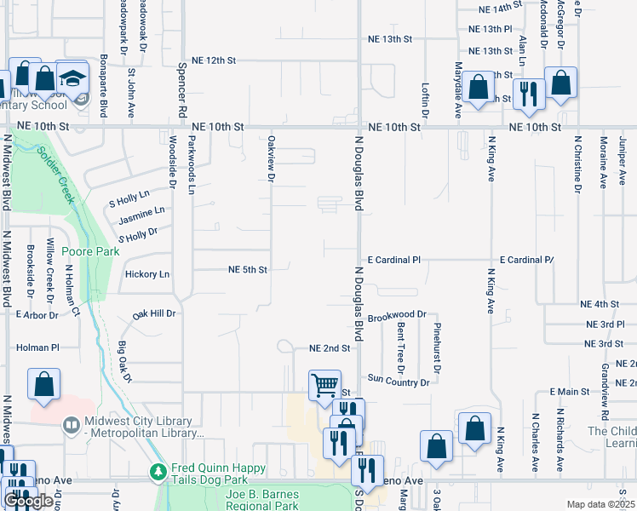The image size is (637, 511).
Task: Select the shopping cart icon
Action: click(x=324, y=385)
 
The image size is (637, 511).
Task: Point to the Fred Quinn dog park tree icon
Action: click(x=157, y=470)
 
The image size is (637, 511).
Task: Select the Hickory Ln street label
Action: click(x=147, y=274)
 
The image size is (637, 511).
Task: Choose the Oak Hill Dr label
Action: click(x=154, y=313)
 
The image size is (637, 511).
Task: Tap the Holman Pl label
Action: click(x=38, y=347)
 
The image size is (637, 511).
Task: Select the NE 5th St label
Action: click(x=248, y=270)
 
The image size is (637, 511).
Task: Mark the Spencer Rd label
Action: click(x=182, y=89)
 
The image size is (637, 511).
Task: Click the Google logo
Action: click(x=28, y=502)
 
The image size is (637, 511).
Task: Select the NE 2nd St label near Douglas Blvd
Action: click(x=330, y=348)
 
